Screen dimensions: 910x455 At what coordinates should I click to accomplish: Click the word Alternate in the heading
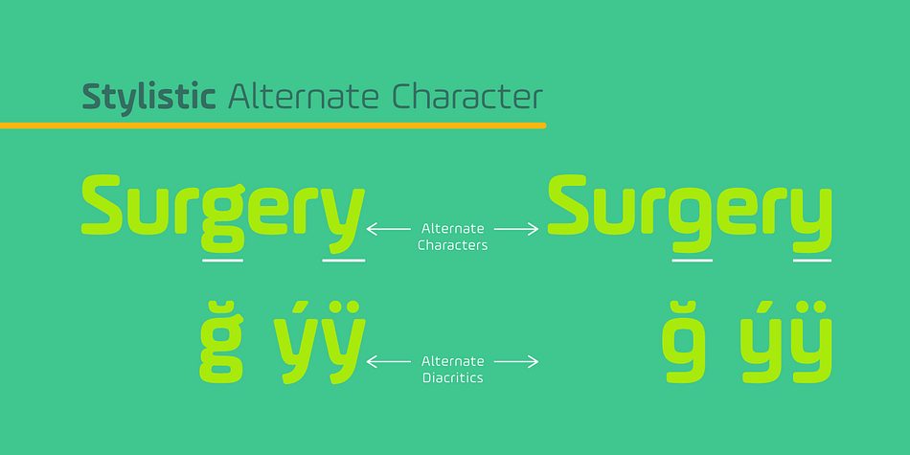[x=304, y=97]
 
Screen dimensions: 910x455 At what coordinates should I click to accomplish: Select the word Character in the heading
[x=467, y=97]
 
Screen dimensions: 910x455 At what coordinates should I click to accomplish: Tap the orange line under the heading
[x=273, y=125]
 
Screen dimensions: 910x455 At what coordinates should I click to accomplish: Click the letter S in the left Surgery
[x=102, y=205]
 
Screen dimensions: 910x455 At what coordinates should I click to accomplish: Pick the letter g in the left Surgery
[x=222, y=220]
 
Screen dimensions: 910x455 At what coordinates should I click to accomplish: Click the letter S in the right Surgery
[x=569, y=205]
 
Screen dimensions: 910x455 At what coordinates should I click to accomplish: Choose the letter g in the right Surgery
[x=691, y=221]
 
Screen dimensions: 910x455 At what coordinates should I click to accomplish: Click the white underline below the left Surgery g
[x=222, y=262]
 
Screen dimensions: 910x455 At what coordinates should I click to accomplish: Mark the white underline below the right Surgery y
[x=812, y=261]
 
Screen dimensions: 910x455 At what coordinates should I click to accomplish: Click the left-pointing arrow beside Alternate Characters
[x=388, y=229]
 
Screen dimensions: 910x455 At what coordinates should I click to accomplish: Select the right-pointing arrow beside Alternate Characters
[x=516, y=229]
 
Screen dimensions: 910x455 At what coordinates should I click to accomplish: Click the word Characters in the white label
[x=453, y=245]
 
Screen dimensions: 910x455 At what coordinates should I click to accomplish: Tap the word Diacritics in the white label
[x=453, y=378]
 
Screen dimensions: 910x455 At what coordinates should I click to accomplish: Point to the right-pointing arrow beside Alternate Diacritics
[x=516, y=361]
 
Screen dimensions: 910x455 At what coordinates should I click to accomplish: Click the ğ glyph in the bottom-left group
[x=221, y=342]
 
